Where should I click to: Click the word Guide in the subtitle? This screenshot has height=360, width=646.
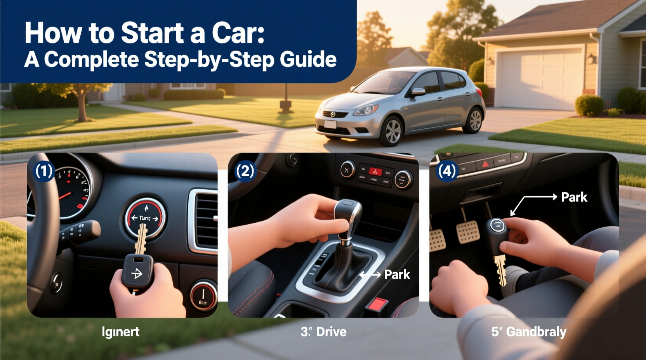pos(308,59)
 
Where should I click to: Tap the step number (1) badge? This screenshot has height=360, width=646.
pos(44,171)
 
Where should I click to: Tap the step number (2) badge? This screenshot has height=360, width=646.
pos(245,171)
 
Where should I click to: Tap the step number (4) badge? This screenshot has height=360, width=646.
pos(447,171)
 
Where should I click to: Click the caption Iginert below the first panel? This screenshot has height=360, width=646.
pos(120,332)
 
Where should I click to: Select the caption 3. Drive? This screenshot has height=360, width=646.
pos(323,332)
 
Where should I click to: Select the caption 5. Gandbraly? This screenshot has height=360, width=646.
pos(528,332)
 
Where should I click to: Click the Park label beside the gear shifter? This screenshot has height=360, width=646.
pos(397,275)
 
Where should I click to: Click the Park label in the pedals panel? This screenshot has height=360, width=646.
pos(574,197)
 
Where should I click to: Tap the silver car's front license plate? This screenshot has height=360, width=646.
pos(330,125)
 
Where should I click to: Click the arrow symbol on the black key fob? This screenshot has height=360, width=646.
pos(137,274)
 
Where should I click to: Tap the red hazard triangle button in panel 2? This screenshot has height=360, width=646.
pos(375,171)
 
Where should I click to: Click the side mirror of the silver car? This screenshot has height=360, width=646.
pos(418,92)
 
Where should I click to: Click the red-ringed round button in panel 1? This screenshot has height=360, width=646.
pos(203,296)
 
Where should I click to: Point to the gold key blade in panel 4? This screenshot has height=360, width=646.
pos(501,270)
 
